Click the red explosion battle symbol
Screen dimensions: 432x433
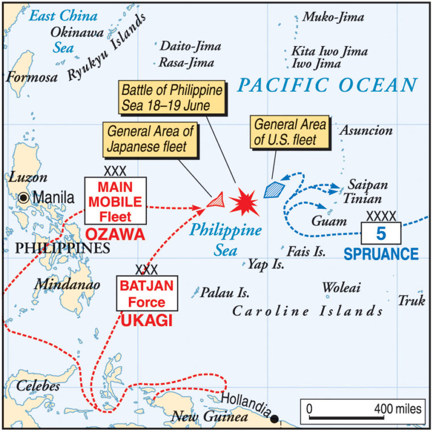244,201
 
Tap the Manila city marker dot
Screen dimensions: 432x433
23,198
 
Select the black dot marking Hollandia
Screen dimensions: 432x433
275,419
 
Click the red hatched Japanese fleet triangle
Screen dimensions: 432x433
215,200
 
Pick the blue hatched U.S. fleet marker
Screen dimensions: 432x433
273,189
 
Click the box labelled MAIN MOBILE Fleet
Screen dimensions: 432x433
115,200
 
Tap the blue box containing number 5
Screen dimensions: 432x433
381,233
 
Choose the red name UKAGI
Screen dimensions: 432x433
146,321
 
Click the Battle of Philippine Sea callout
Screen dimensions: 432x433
170,97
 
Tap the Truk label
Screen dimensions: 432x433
411,300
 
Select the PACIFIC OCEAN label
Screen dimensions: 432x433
327,85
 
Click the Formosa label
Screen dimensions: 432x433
32,76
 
